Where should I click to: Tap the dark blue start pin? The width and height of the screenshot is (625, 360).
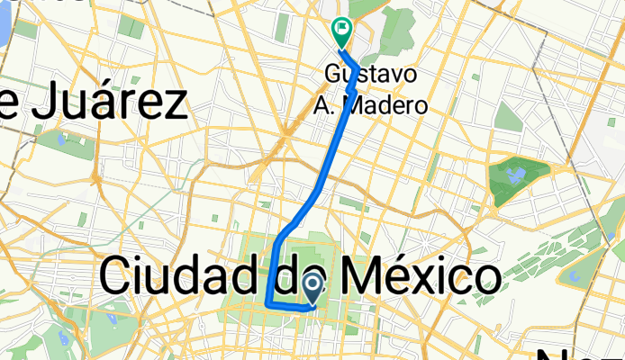click(x=312, y=289)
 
